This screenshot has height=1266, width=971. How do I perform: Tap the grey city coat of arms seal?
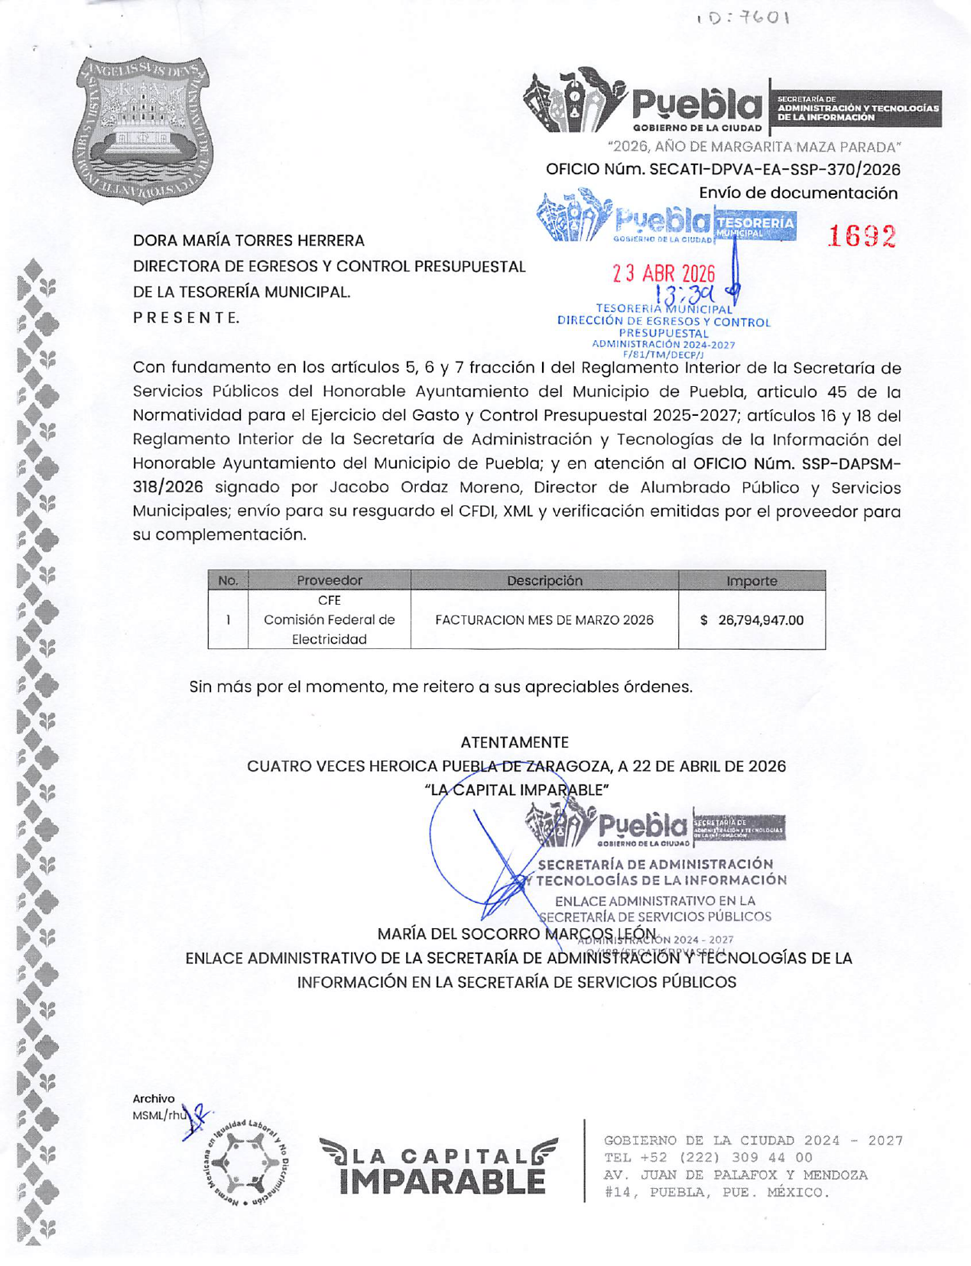[x=144, y=130]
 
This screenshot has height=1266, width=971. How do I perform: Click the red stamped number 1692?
[x=862, y=237]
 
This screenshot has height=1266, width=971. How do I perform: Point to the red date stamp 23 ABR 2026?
[x=664, y=274]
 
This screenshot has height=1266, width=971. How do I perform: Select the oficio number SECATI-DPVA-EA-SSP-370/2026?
[x=723, y=169]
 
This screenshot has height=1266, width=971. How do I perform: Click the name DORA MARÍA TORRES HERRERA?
[x=248, y=241]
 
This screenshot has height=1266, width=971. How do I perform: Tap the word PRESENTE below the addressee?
[x=187, y=318]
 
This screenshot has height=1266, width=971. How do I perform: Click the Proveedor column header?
[x=330, y=580]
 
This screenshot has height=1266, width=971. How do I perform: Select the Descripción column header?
[x=544, y=580]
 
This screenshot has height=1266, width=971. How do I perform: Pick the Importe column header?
[x=752, y=580]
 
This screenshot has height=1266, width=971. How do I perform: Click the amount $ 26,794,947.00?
[x=752, y=620]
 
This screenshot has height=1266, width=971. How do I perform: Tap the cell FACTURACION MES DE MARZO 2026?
[x=544, y=620]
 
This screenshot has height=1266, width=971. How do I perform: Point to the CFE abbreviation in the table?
[x=330, y=600]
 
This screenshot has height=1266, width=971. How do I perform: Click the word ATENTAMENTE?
[x=515, y=742]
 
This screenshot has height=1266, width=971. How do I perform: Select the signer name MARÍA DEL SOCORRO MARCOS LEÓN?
[x=517, y=934]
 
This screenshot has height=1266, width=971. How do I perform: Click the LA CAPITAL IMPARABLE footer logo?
[x=439, y=1167]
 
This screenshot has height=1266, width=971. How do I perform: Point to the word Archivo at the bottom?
[x=154, y=1099]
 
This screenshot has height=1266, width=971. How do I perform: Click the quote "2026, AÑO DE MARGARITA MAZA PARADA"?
[x=754, y=146]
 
